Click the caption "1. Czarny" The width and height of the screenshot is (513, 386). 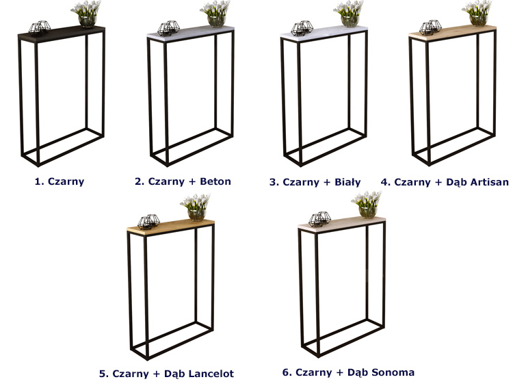(60, 181)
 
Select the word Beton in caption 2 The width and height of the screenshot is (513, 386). (215, 181)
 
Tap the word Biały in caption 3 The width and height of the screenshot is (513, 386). (347, 181)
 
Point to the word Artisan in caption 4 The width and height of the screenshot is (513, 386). (489, 181)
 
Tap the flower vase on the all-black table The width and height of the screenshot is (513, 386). (87, 14)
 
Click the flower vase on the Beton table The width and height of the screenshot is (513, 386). (215, 14)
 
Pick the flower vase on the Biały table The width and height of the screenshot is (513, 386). (349, 14)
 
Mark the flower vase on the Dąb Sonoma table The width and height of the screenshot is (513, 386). (367, 205)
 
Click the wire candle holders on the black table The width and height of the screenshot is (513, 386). (39, 27)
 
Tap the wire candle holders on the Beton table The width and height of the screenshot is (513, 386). (168, 28)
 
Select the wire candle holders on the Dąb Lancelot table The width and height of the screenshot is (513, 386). (148, 222)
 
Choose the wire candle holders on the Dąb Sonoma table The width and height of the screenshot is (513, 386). (319, 219)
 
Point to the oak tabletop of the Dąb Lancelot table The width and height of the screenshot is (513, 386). (171, 227)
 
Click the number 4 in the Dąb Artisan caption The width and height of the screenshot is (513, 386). (384, 182)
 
